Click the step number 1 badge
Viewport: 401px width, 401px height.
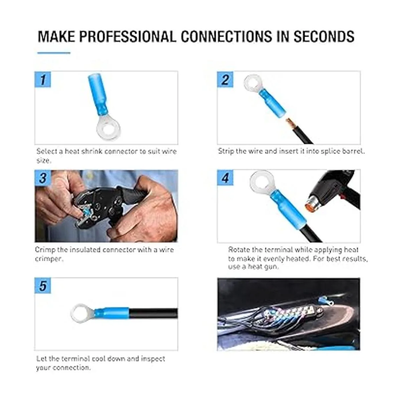[43, 80]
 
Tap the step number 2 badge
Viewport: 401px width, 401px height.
[225, 80]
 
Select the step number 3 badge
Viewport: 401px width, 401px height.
[43, 178]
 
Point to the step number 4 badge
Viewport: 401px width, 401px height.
[225, 178]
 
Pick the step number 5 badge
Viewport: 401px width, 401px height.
[43, 286]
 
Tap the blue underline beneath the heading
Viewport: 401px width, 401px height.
[54, 53]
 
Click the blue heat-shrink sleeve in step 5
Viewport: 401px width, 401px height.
[112, 313]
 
